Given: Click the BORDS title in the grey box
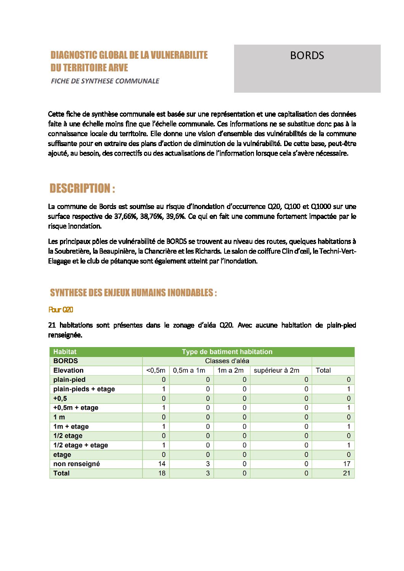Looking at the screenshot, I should tap(307, 56).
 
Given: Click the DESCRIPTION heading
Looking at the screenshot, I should tap(82, 188).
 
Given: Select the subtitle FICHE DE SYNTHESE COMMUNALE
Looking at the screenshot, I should tap(105, 81).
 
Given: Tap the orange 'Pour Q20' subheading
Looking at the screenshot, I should tap(61, 310).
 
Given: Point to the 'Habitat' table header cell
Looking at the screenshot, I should tap(65, 352).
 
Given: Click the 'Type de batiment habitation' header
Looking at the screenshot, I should tap(227, 352).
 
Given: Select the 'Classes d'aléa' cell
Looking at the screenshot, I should tap(227, 361).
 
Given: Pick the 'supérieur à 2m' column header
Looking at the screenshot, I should tap(276, 370).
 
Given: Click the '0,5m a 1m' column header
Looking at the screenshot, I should tap(189, 370).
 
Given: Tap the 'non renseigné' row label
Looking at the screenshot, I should tap(76, 464).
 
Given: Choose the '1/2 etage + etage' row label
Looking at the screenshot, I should tap(81, 445).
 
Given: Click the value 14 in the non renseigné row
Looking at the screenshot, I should tap(162, 464).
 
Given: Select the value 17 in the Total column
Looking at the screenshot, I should tap(347, 464).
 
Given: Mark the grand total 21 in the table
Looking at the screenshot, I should tap(347, 473).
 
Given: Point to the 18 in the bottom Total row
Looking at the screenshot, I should tap(162, 473).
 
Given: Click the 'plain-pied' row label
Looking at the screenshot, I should tap(69, 380).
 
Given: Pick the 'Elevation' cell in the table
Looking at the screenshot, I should tap(68, 370).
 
